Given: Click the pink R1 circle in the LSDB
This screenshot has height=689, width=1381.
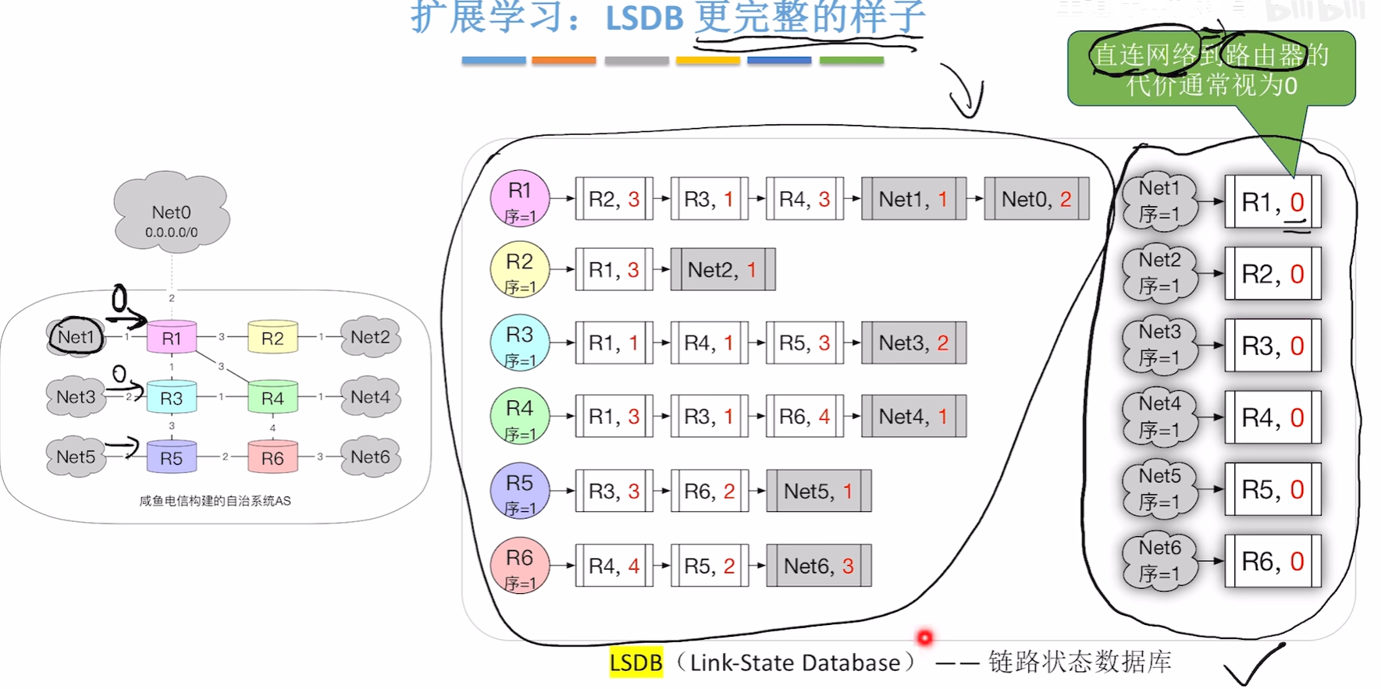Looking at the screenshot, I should tap(519, 199).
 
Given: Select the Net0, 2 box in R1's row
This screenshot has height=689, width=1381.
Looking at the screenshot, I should tap(1036, 199).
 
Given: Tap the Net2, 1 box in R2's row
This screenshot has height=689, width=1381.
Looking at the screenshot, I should tap(722, 270).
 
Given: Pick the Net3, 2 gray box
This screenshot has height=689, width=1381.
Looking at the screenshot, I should tap(913, 343).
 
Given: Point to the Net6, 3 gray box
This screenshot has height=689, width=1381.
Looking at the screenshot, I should tap(818, 566).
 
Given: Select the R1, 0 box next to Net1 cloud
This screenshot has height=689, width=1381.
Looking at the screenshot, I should tap(1272, 202).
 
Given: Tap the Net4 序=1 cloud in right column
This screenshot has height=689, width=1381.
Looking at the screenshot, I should tap(1159, 417).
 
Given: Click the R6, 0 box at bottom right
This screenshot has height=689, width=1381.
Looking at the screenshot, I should tap(1272, 561).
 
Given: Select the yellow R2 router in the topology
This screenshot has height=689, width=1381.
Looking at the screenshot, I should tap(272, 338).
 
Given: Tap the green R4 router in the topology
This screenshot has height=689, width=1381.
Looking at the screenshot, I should tap(272, 398).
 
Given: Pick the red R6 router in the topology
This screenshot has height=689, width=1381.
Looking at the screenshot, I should tap(272, 458).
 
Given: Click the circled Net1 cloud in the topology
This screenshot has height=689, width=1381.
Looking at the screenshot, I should tap(75, 337).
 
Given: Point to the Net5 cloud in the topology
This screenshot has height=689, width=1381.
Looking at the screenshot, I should tap(76, 456).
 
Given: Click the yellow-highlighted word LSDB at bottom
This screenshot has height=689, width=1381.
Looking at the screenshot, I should tap(635, 662).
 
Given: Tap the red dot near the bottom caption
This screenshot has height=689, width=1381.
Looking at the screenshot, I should tap(924, 638).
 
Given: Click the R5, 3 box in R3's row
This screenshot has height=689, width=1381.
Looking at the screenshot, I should tap(804, 343).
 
